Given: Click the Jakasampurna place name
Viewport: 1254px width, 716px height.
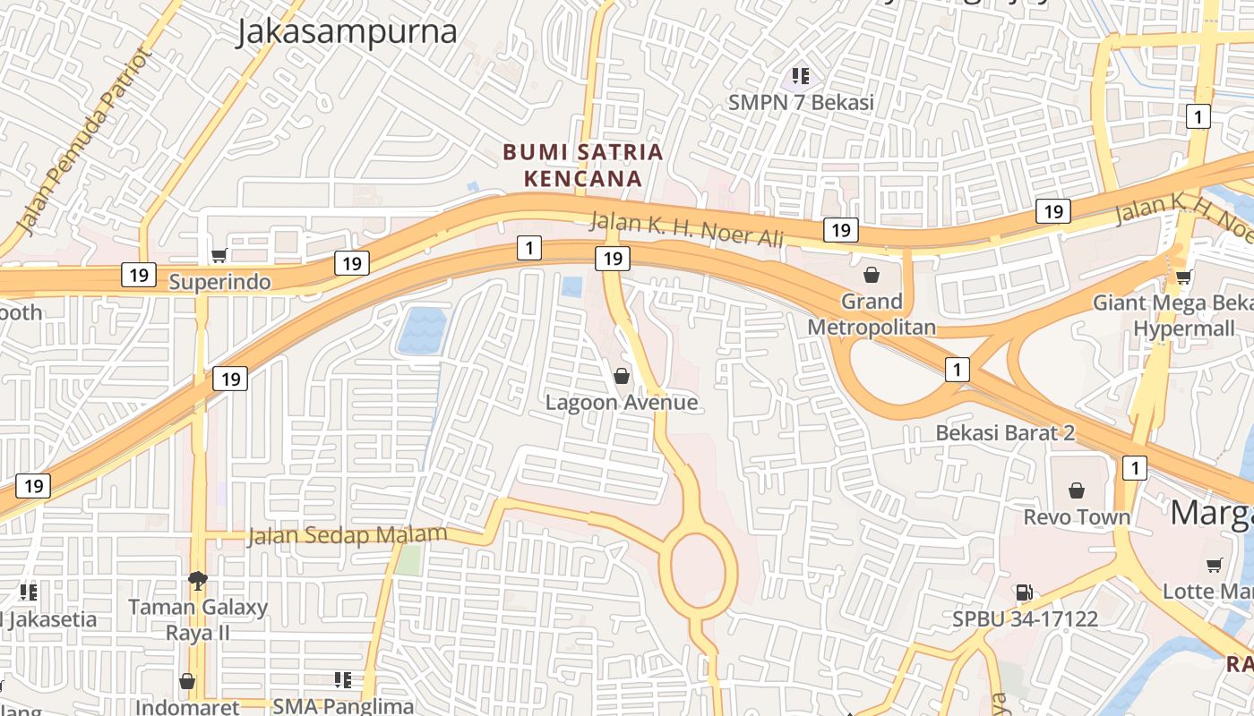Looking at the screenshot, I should coord(347,32).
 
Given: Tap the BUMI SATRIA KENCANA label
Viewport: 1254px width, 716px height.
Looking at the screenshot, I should coord(583,165).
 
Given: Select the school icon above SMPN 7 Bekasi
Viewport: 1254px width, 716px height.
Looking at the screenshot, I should coord(800,76).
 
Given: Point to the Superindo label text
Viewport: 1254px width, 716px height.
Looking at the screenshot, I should coord(219,282).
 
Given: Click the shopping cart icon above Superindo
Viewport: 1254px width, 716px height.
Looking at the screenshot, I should coord(219,256).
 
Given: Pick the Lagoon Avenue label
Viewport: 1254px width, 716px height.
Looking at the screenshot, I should coord(622,402).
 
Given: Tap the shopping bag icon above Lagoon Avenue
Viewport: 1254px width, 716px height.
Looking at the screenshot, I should coord(621,376).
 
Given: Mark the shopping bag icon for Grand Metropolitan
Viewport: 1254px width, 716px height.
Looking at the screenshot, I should coord(871,275).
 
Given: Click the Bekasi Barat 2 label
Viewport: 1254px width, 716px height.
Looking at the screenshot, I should coord(1005,432).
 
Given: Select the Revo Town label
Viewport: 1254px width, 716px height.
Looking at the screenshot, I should coord(1077,517).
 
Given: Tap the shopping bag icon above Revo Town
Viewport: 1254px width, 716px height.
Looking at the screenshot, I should coord(1077,490).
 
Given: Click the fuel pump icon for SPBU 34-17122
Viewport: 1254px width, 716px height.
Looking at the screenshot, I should coord(1024,592).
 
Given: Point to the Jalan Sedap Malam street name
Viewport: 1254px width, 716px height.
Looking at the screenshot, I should coord(347,535).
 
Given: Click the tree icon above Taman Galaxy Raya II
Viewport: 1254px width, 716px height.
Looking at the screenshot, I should coord(197,581).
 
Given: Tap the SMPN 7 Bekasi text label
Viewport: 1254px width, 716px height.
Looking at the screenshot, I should coord(801,103).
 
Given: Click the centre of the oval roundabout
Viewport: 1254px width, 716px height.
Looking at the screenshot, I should coord(703,568).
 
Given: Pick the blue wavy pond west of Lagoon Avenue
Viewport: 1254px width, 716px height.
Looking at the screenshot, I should coord(421,330).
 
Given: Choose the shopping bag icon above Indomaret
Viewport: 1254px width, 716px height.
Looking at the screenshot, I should coord(187,682).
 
